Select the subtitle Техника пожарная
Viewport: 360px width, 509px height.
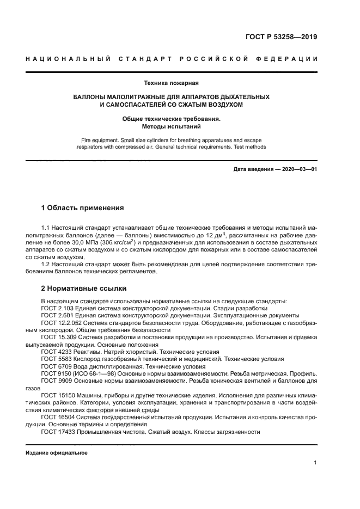(172, 83)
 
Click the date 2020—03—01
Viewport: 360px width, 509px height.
(298, 169)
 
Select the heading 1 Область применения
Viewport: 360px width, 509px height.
(83, 208)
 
